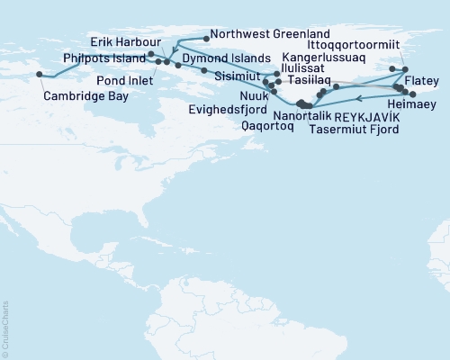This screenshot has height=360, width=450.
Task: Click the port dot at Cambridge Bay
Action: (38, 75)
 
